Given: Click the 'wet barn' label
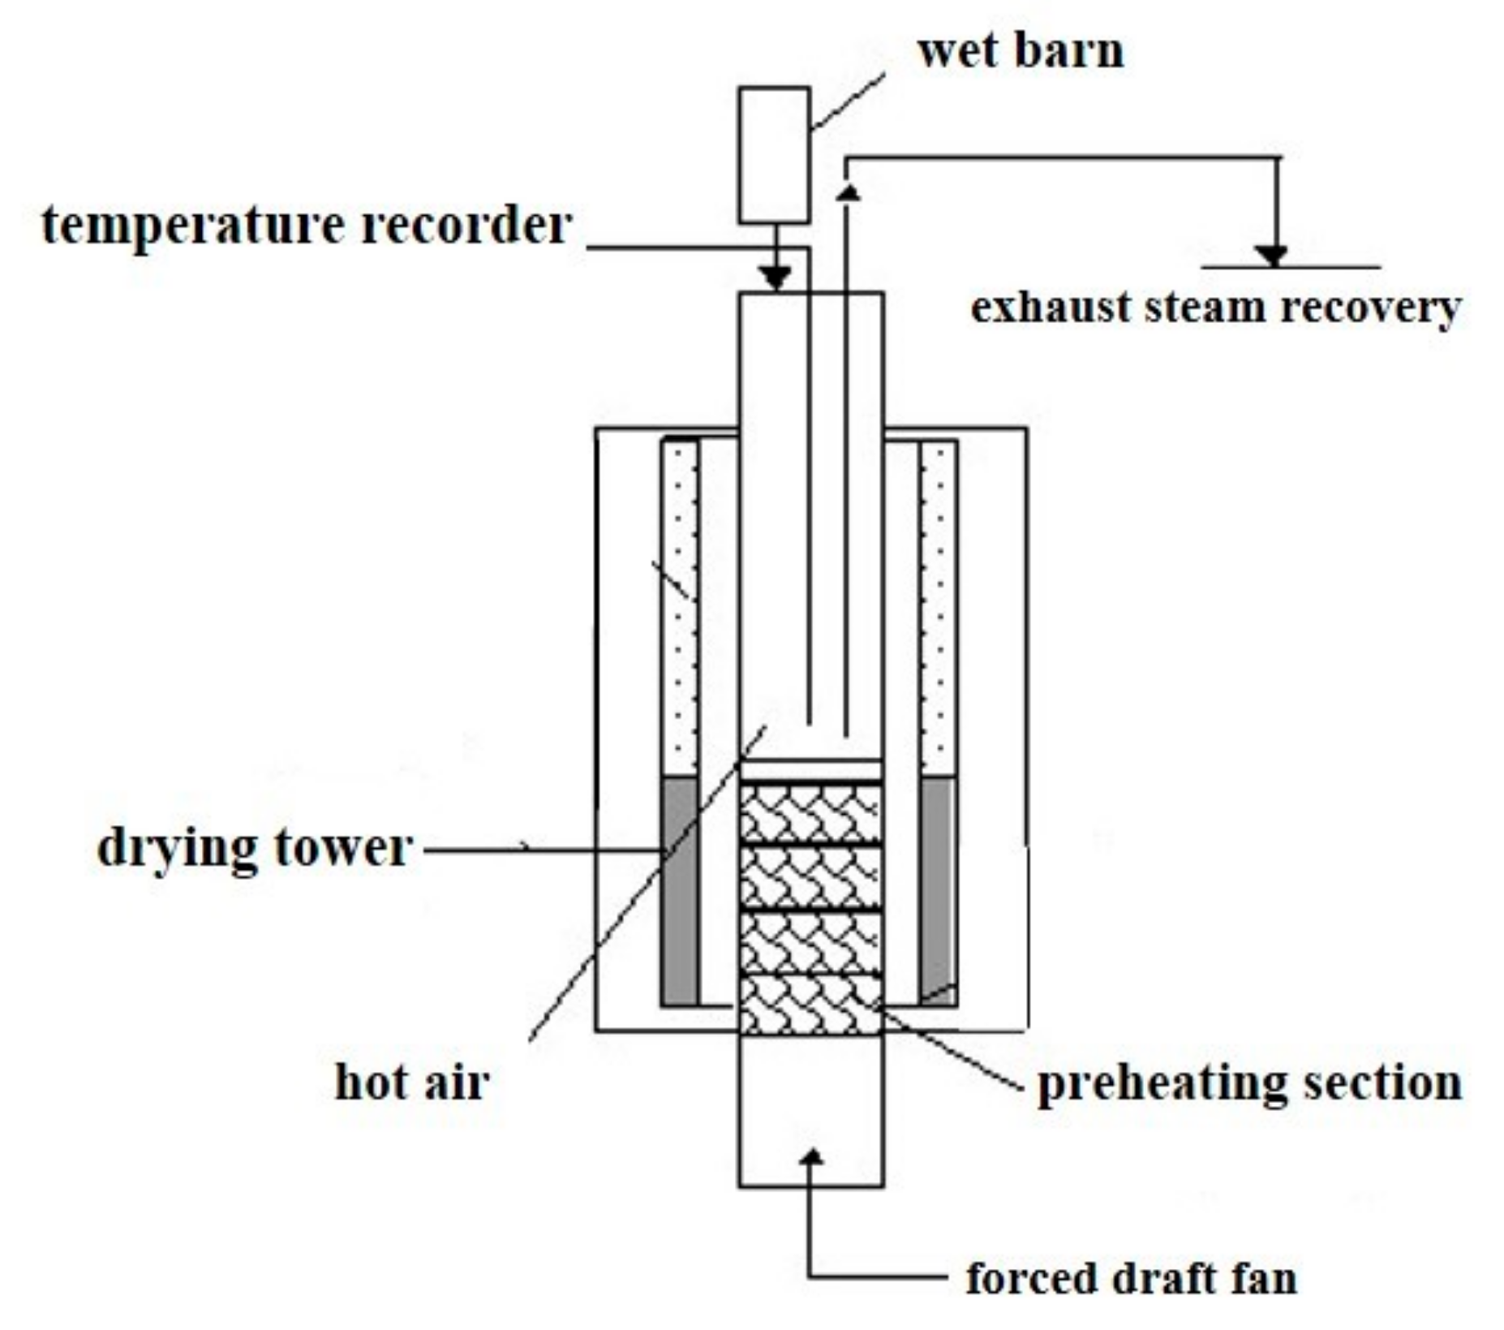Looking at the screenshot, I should (x=1020, y=50).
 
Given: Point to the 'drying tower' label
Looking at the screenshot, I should (x=254, y=848).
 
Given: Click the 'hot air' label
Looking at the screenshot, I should (x=412, y=1083).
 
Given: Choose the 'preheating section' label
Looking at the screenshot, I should (x=1249, y=1083).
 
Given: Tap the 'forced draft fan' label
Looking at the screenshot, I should (x=1131, y=1278).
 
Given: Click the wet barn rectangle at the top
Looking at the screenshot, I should (x=774, y=154).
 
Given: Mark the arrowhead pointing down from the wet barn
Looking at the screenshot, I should (x=776, y=277).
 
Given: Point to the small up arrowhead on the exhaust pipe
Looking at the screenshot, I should (x=847, y=192).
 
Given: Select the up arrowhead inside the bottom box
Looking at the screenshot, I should (x=810, y=1156).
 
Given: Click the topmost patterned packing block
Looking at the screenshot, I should (x=810, y=812).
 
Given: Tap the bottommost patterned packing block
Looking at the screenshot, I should (x=810, y=1005).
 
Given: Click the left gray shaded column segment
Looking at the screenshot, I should (x=680, y=890).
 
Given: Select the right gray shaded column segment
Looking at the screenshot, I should (x=938, y=890).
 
